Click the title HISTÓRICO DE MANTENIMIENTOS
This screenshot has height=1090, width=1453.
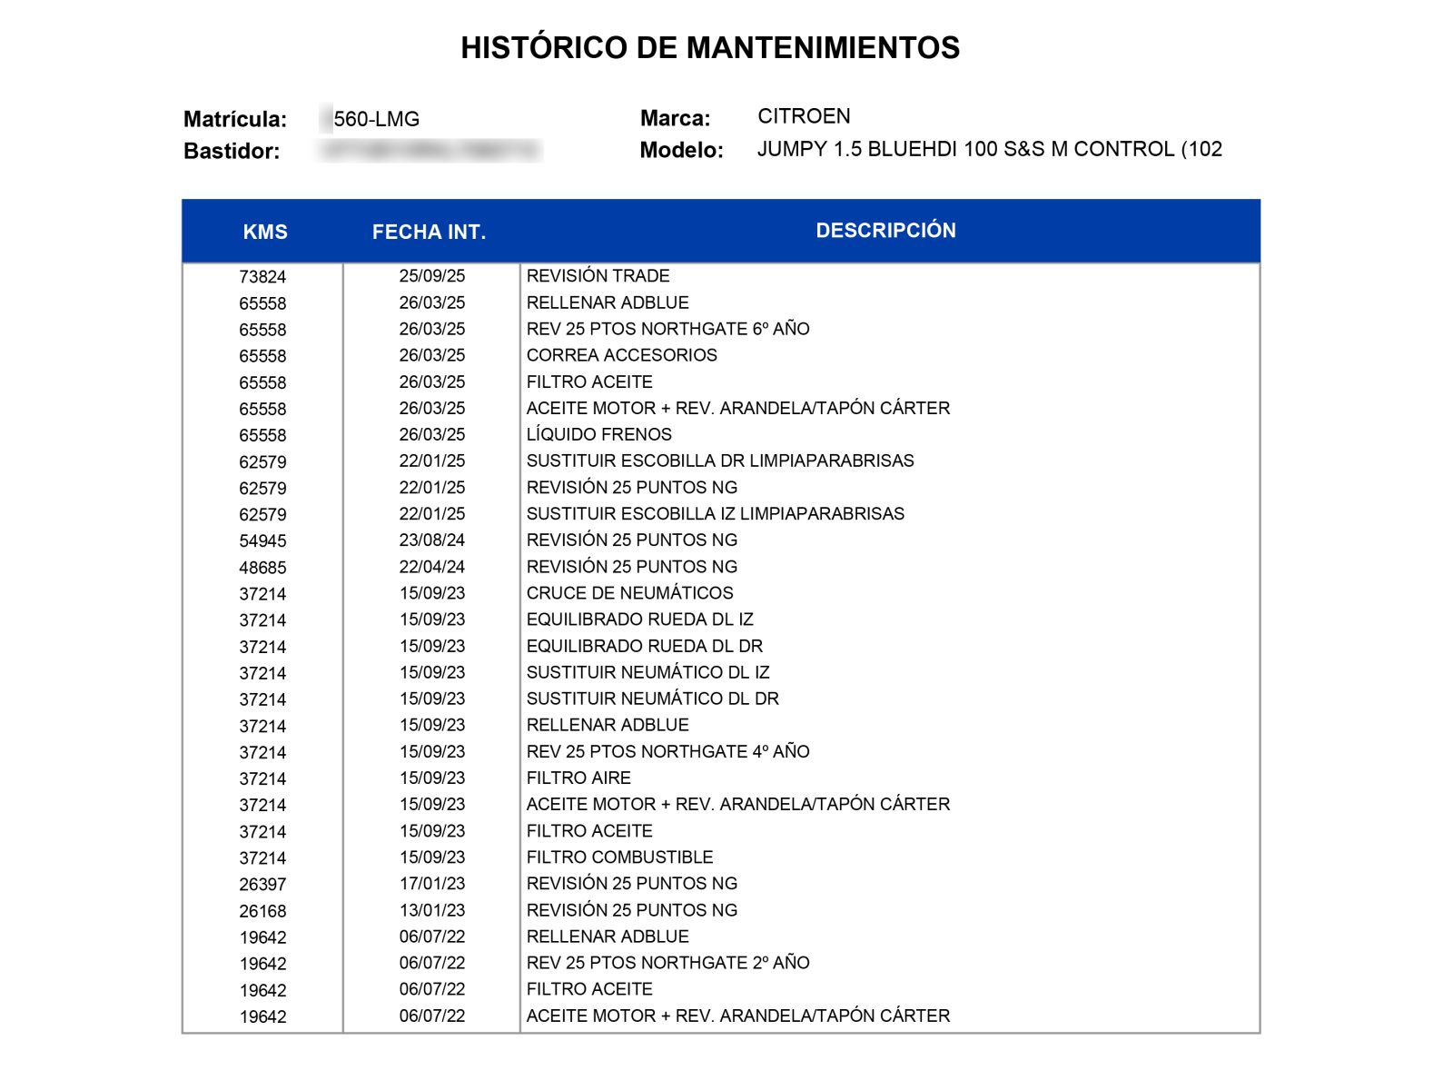point(710,47)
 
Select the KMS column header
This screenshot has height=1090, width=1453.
point(265,232)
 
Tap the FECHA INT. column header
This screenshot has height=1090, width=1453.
point(429,232)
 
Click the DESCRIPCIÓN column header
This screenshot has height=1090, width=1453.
point(885,231)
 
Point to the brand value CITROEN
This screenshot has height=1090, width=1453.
point(804,116)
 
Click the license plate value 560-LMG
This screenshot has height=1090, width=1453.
point(376,119)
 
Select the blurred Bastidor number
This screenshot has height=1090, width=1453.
point(430,151)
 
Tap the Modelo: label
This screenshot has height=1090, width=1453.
point(681,150)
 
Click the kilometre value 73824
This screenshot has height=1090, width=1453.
point(262,277)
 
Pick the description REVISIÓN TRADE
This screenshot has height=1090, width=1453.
point(598,276)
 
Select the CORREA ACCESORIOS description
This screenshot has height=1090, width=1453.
point(621,355)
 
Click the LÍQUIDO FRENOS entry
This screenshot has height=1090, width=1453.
point(598,434)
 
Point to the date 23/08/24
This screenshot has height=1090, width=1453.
point(431,540)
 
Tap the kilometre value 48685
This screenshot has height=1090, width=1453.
point(262,568)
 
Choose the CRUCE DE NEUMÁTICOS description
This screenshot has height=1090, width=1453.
point(629,593)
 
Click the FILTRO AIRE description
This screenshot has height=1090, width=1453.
point(578,778)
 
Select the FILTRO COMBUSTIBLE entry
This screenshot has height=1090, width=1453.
point(619,857)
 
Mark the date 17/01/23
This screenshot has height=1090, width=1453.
point(431,884)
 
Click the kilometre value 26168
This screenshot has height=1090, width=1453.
point(262,911)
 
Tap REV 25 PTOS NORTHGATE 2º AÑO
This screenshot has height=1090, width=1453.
point(667,963)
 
